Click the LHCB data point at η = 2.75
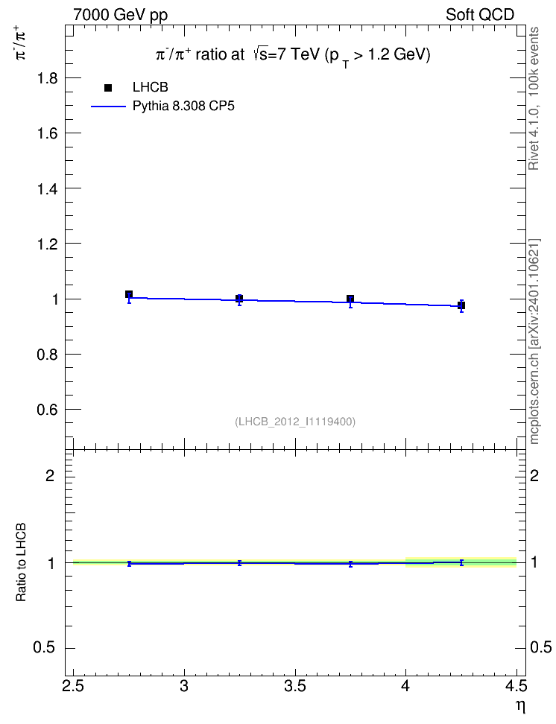point(129,294)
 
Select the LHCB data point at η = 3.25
point(239,298)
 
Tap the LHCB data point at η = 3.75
point(350,299)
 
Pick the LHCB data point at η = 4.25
point(461,305)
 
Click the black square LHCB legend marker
point(108,87)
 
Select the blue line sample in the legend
point(108,107)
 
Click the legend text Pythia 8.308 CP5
point(183,107)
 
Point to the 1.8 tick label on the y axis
point(48,78)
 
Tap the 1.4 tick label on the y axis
point(48,189)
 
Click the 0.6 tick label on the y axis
point(48,410)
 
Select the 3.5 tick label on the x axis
point(295,686)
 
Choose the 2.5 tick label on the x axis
point(74,686)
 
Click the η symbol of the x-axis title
point(520,706)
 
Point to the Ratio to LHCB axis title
point(21,562)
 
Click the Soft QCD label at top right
point(480,15)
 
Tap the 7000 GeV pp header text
point(120,15)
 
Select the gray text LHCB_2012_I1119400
point(295,422)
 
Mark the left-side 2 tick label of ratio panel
point(50,475)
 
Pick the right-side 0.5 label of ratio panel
point(541,647)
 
